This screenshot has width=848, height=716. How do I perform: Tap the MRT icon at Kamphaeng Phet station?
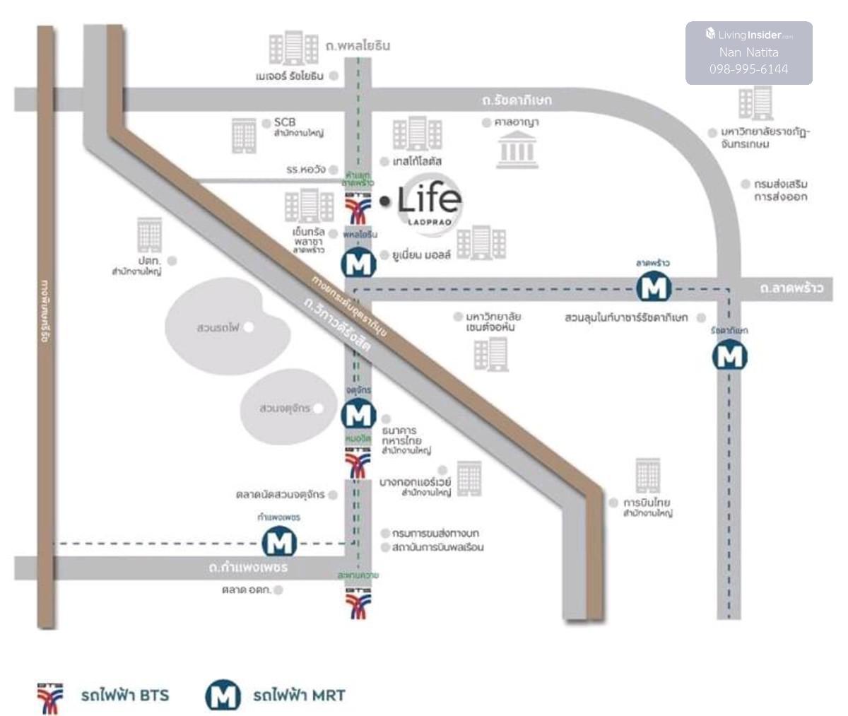[279, 543]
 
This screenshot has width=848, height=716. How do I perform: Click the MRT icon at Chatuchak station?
[358, 413]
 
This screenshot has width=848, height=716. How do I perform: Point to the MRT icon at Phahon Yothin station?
[359, 264]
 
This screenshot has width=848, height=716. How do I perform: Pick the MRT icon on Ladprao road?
[654, 287]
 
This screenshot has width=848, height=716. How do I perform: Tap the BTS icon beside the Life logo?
[358, 208]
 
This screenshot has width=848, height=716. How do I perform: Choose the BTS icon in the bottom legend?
[50, 697]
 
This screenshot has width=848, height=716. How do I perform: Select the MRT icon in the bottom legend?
[223, 696]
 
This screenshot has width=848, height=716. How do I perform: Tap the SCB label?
[284, 122]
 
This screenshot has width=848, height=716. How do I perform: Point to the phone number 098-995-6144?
[748, 69]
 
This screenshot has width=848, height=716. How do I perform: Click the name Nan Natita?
[748, 52]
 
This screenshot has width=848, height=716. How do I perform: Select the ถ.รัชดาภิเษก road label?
[517, 100]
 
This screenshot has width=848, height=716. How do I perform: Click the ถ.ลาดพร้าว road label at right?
[791, 288]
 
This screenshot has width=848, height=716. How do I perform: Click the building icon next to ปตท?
[149, 235]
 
